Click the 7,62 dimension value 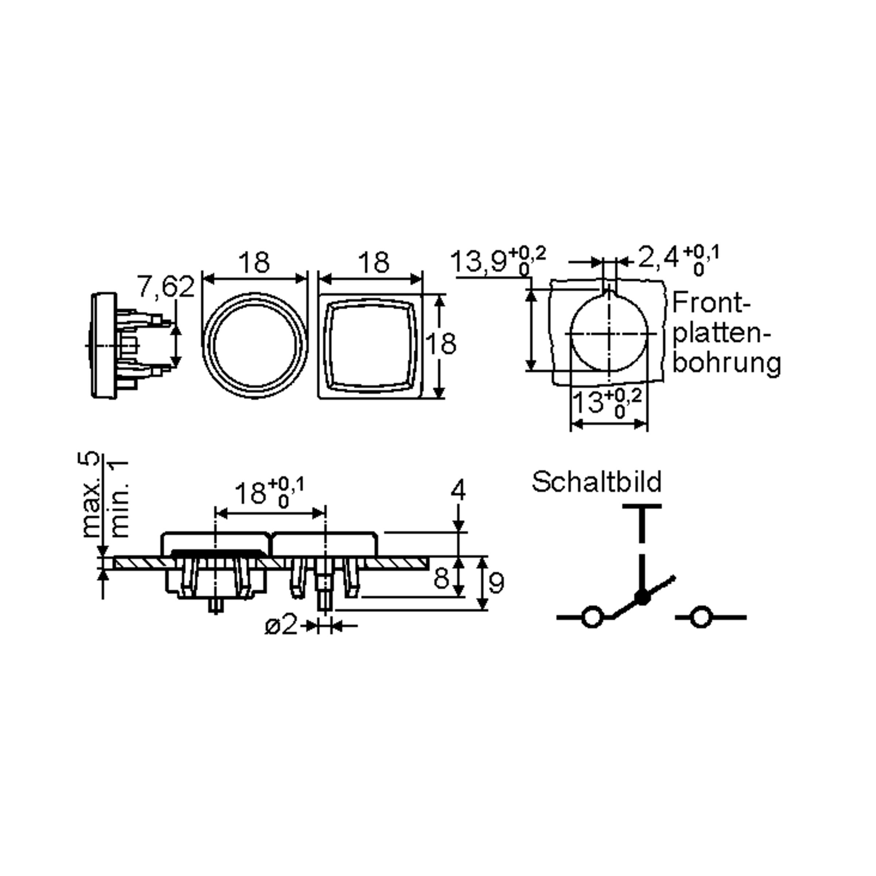[x=166, y=286]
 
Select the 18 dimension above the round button [x=254, y=262]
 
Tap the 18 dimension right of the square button [x=441, y=344]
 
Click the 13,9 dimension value [x=479, y=262]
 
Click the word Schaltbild [x=597, y=482]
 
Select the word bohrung [x=726, y=364]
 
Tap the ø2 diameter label [x=281, y=626]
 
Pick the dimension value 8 [x=441, y=578]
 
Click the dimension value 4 [x=458, y=491]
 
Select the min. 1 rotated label [x=119, y=498]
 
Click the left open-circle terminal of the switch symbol [x=592, y=617]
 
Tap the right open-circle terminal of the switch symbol [x=701, y=617]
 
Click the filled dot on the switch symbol [x=642, y=597]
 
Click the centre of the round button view [x=255, y=346]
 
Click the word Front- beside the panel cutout [x=711, y=303]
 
